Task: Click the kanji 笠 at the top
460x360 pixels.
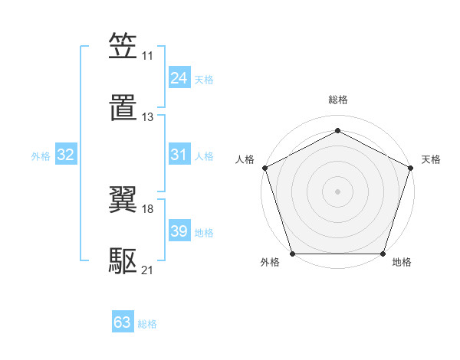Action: pos(123,46)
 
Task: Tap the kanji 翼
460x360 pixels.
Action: pos(123,199)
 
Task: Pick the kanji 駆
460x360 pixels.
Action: pos(123,260)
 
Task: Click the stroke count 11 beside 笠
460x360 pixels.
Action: pos(147,56)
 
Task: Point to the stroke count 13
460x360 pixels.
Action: pos(147,117)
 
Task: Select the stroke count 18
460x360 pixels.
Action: pos(147,208)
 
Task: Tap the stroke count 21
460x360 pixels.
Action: pos(147,270)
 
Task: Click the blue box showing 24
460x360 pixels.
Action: pos(179,78)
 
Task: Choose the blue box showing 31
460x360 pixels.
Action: pos(179,155)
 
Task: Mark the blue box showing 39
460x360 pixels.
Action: pos(179,231)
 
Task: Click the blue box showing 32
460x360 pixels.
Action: pos(66,155)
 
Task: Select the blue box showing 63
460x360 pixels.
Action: pos(123,322)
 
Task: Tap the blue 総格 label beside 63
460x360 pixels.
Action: pos(147,324)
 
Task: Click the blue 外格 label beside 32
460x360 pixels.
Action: pos(41,156)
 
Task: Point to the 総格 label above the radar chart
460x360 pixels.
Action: pos(337,100)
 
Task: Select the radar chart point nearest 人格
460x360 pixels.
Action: pos(264,167)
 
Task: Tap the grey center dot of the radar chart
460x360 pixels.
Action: pos(337,191)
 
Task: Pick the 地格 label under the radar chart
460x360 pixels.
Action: pos(402,263)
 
